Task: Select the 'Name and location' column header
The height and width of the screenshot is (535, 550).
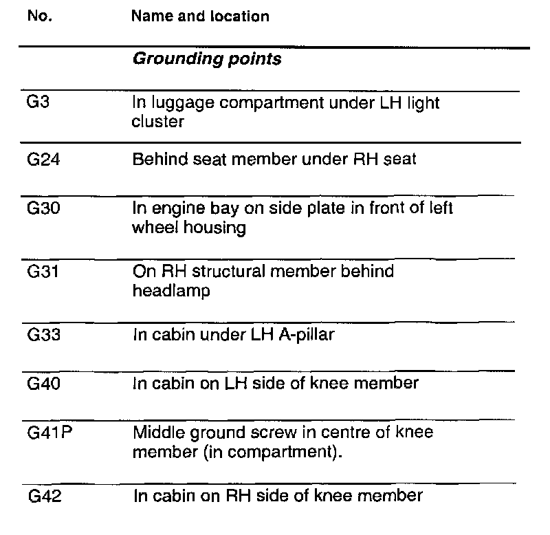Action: click(x=199, y=17)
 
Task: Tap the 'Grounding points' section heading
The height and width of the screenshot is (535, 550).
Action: click(x=206, y=59)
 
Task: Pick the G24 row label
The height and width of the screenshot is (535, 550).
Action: click(x=38, y=160)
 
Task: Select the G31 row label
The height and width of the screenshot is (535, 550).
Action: click(x=38, y=271)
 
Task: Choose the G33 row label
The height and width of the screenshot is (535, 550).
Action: click(x=38, y=336)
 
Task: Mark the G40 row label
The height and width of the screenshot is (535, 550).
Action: click(x=38, y=383)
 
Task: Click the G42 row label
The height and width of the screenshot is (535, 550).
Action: click(x=38, y=495)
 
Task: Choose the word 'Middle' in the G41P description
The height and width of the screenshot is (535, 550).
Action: click(x=155, y=433)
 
